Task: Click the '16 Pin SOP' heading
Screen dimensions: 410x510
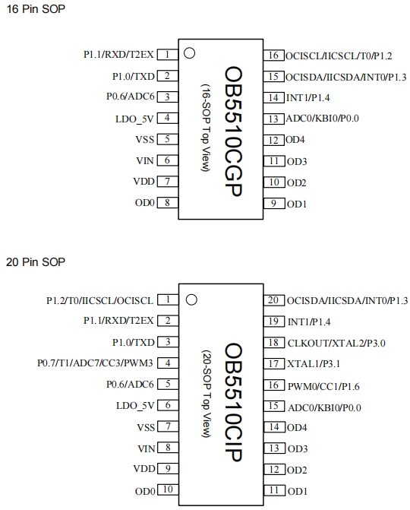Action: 36,9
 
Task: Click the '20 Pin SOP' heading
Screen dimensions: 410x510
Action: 36,261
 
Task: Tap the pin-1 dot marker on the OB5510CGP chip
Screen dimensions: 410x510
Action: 189,53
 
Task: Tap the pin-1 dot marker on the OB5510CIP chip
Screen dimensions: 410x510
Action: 191,299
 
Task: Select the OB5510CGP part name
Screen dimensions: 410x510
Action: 234,131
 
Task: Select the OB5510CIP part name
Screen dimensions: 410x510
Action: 234,402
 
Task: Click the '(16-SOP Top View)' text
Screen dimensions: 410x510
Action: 206,128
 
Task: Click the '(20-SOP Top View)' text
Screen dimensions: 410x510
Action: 207,394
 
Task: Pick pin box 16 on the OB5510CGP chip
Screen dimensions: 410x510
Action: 273,55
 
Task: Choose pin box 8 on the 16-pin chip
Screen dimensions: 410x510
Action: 168,202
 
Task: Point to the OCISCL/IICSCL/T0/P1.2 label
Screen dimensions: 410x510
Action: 339,56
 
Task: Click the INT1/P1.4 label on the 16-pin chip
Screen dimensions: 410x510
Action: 307,97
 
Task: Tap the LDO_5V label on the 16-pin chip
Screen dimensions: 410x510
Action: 134,119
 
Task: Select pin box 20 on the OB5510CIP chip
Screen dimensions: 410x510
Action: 273,300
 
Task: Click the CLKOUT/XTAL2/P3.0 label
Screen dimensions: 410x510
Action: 336,343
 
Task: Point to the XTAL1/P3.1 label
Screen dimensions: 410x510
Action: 314,363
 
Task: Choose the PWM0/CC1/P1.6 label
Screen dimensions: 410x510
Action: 323,386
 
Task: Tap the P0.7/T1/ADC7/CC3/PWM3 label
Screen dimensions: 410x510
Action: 95,363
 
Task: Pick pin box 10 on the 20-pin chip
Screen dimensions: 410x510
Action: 168,489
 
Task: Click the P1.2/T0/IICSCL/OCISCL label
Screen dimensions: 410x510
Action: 99,300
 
